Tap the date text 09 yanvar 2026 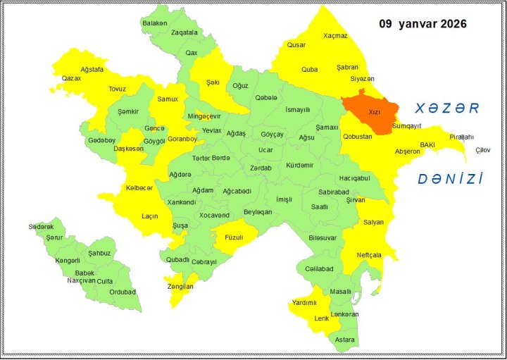point(423,23)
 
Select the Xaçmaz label point(335,35)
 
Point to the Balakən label point(155,23)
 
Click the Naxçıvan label point(81,280)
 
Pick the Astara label point(345,340)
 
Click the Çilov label point(482,150)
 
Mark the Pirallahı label point(462,137)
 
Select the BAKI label point(427,144)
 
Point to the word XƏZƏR point(446,108)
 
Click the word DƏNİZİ point(451,179)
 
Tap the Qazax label point(71,78)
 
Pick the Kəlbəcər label point(139,188)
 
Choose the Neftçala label point(369,254)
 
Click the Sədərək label point(41,227)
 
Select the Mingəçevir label point(204,116)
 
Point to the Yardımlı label point(303,303)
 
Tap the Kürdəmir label point(299,166)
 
